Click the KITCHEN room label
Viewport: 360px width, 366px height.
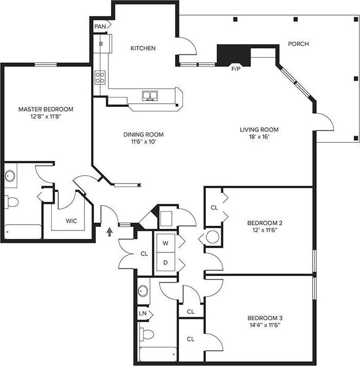[x=143, y=48]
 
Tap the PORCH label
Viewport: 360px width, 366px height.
[x=298, y=44]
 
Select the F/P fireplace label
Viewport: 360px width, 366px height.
[x=236, y=68]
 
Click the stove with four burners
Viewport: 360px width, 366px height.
[x=100, y=78]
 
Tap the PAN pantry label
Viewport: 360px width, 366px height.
[x=100, y=26]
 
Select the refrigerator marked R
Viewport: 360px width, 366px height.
[x=101, y=44]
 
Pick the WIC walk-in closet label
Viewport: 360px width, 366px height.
[x=71, y=221]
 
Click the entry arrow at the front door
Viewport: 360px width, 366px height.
[x=109, y=231]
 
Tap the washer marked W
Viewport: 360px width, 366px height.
[x=166, y=243]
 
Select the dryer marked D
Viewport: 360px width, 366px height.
[x=166, y=263]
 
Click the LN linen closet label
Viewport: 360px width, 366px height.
[x=143, y=313]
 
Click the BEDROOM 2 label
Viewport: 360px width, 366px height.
[x=265, y=222]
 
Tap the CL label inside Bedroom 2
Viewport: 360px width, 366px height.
[x=214, y=207]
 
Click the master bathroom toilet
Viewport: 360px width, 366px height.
[x=11, y=201]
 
